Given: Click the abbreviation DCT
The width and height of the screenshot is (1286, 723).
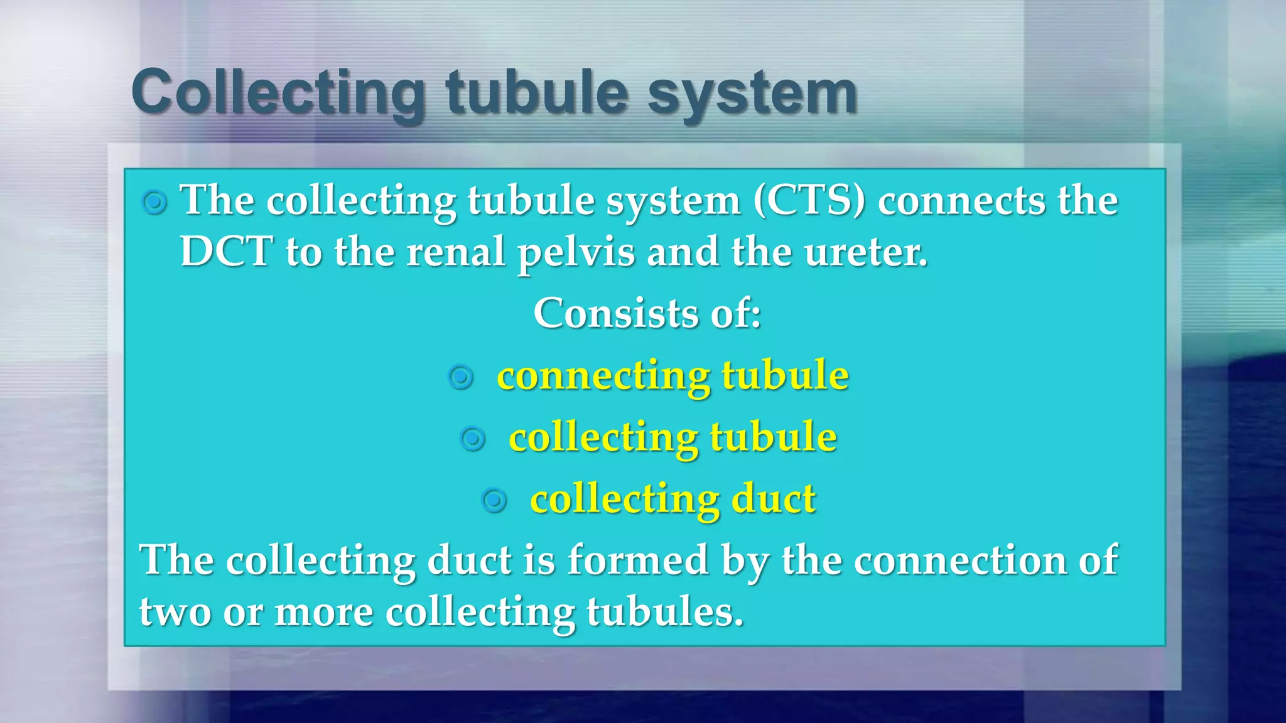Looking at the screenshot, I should [x=226, y=252].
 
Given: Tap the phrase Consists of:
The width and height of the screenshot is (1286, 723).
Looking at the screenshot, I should [x=647, y=313].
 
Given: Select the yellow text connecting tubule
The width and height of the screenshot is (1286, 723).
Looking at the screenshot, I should [x=672, y=375].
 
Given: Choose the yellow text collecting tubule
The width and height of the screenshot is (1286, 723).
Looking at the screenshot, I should [x=672, y=437].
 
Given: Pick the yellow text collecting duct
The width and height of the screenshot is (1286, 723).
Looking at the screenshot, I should [x=672, y=499].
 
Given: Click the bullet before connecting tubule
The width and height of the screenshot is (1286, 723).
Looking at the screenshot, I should [x=461, y=377].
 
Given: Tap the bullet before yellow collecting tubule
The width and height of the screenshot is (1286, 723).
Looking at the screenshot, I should [x=473, y=439].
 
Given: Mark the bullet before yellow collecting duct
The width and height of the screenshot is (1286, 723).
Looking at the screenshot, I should [x=494, y=500].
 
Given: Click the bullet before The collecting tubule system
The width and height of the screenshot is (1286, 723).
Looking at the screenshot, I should [x=154, y=203].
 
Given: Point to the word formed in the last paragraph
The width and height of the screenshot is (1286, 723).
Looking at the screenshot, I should [x=638, y=560].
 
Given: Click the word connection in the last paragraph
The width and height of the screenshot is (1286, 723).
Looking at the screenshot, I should [x=959, y=560].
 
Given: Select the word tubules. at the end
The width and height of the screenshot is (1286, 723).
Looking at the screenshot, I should [x=665, y=611].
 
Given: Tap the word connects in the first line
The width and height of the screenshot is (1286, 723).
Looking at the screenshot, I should [x=961, y=201].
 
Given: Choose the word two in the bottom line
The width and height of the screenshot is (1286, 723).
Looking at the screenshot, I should [x=175, y=611].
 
